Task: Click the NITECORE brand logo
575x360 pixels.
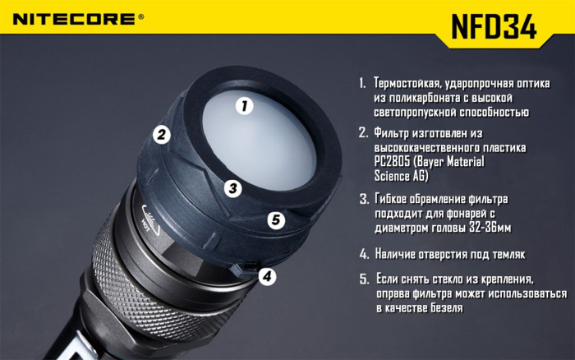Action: point(77,16)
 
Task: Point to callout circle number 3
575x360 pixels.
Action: point(233,188)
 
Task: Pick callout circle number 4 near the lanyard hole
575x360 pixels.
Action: point(267,277)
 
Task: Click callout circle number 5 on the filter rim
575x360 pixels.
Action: point(276,220)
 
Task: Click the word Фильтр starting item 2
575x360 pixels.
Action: point(395,132)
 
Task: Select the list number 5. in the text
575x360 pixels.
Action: point(364,279)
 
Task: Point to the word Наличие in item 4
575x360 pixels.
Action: point(399,254)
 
